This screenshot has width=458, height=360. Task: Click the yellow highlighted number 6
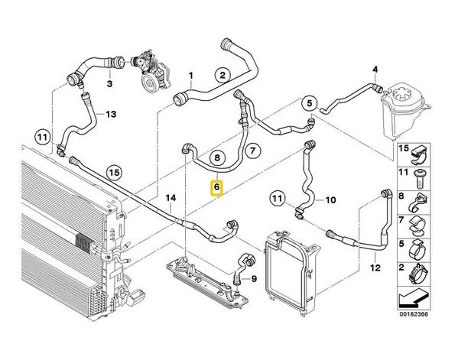pyautogui.click(x=217, y=186)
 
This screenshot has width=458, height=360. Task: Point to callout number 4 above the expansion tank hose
pyautogui.click(x=375, y=70)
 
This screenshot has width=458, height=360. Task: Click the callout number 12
pyautogui.click(x=375, y=268)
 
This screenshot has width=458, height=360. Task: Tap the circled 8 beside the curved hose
pyautogui.click(x=217, y=160)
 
